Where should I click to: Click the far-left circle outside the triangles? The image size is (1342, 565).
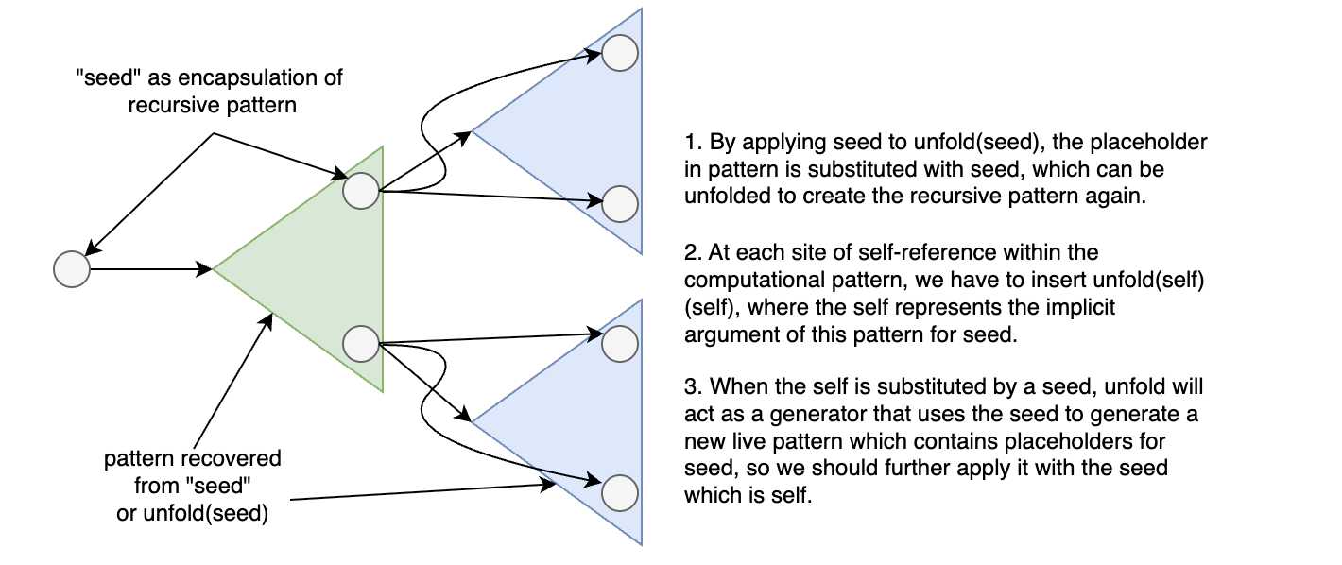coord(71,269)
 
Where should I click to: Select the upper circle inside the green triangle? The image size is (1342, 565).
coord(360,191)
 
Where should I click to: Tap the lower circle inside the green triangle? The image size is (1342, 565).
coord(360,343)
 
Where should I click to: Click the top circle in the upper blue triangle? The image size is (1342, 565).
coord(619,52)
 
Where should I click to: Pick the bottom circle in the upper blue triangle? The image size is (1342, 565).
coord(619,202)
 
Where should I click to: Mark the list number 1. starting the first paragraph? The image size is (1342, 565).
coord(692,145)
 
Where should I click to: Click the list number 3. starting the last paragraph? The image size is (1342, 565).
coord(692,386)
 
